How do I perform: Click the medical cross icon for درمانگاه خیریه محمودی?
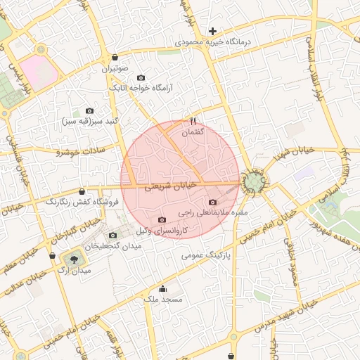point(212,31)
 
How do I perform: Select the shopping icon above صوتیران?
point(115,58)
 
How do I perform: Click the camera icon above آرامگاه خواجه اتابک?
point(141,77)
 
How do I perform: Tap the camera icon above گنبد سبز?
point(89,110)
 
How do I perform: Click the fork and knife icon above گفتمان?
point(193,121)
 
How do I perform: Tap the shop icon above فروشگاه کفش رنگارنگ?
point(82,191)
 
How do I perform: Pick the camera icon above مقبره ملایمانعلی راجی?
point(212,202)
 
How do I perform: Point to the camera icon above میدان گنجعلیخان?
point(113,235)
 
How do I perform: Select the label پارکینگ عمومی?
point(206,255)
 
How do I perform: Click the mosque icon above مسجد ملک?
point(163,288)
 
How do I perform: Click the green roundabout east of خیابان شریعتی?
point(253,184)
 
